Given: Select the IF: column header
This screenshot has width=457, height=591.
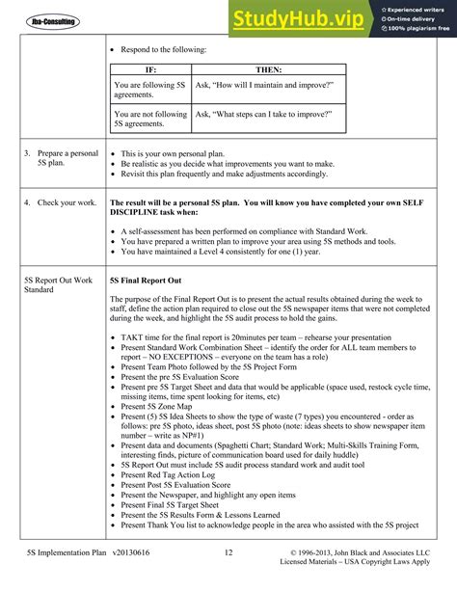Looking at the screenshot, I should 149,70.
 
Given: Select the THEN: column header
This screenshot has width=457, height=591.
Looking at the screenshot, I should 267,70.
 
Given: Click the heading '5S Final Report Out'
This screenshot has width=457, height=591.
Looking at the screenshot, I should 147,280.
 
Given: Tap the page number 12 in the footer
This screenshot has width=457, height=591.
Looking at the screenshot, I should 228,552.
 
